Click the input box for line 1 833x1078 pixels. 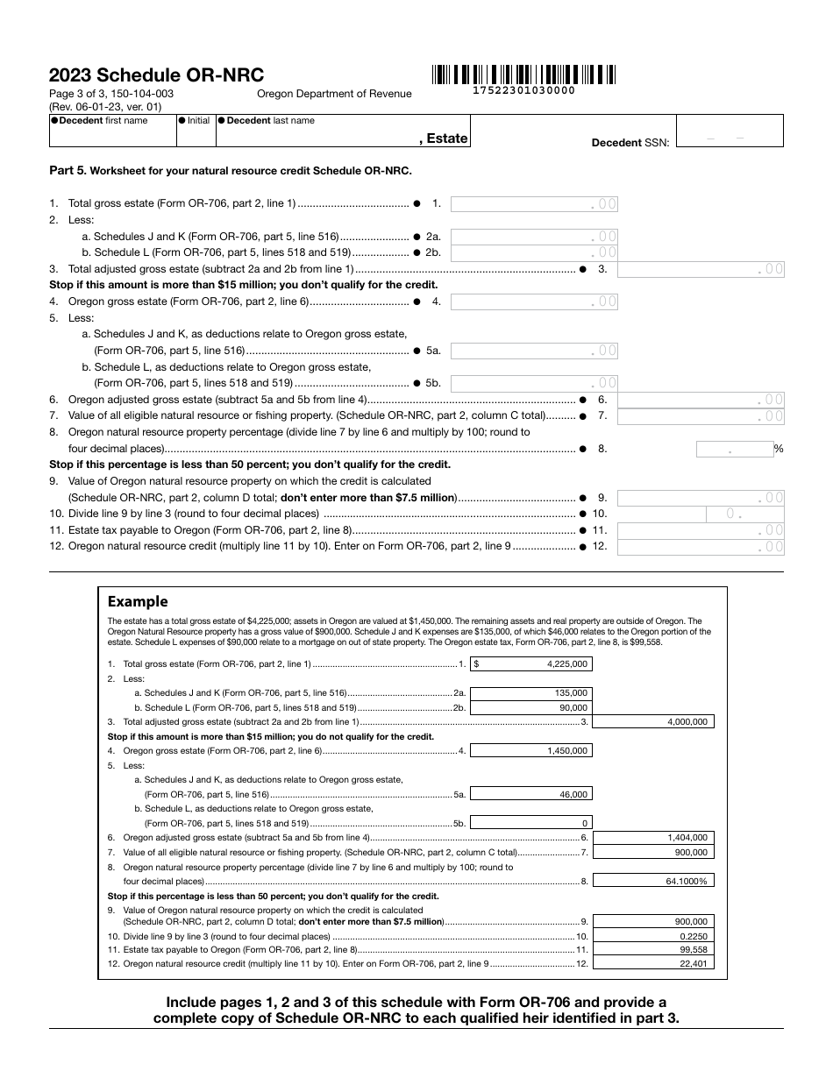click(x=534, y=203)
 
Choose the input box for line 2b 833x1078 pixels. click(x=534, y=252)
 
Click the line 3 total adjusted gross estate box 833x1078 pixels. click(x=701, y=269)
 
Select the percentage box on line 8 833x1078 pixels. click(x=735, y=449)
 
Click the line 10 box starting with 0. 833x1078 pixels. click(x=701, y=514)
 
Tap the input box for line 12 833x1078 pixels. click(x=701, y=547)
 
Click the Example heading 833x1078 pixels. click(x=137, y=601)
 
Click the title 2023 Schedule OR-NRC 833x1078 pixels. click(x=156, y=75)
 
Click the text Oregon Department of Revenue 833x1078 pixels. click(x=333, y=94)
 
